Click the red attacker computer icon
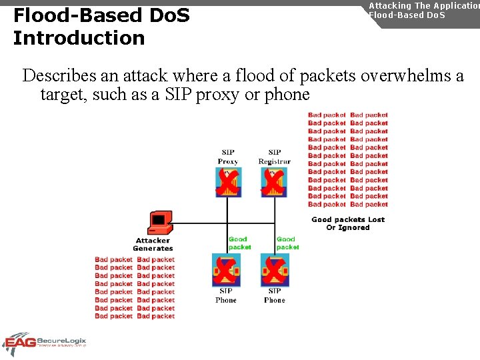pyautogui.click(x=159, y=222)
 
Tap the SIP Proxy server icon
pyautogui.click(x=228, y=182)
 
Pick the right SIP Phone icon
pyautogui.click(x=274, y=271)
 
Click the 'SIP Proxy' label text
pyautogui.click(x=228, y=157)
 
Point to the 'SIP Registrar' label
pyautogui.click(x=275, y=157)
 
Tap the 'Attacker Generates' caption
pyautogui.click(x=153, y=244)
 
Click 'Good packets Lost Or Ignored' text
pyautogui.click(x=348, y=223)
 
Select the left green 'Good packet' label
pyautogui.click(x=239, y=243)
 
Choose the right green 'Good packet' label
pyautogui.click(x=287, y=243)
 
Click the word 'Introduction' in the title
pyautogui.click(x=79, y=38)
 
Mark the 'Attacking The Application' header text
pyautogui.click(x=424, y=5)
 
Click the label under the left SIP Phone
pyautogui.click(x=226, y=295)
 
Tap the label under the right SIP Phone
pyautogui.click(x=274, y=295)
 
